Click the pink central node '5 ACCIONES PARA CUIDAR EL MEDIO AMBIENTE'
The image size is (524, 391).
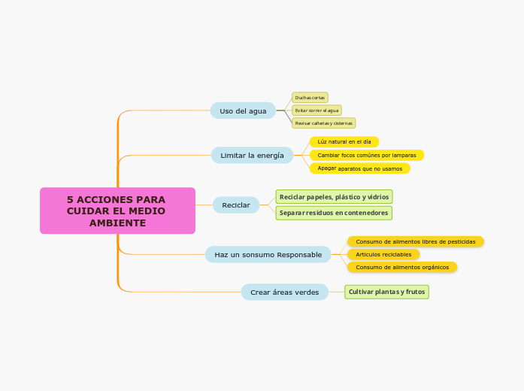117,211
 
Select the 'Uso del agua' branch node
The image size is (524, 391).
243,111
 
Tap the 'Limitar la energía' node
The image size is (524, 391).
252,156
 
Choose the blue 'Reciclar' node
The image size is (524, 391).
236,205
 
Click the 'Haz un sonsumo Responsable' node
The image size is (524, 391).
268,255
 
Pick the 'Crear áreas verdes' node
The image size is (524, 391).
284,292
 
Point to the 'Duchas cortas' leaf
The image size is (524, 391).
310,98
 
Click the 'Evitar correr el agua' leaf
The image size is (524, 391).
317,111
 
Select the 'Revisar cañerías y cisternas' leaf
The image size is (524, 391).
323,123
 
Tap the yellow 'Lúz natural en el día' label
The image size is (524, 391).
344,142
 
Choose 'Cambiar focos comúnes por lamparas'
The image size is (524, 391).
366,156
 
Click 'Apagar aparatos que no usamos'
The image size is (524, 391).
359,169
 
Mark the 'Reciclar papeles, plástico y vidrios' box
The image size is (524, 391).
334,197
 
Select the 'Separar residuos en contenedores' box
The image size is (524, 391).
334,214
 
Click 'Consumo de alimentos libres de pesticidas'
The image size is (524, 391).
415,242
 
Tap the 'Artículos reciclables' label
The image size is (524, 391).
383,255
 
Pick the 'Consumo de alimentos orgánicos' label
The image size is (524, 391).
401,268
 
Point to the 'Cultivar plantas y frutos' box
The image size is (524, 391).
386,292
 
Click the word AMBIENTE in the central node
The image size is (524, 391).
117,224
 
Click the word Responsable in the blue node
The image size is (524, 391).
299,255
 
